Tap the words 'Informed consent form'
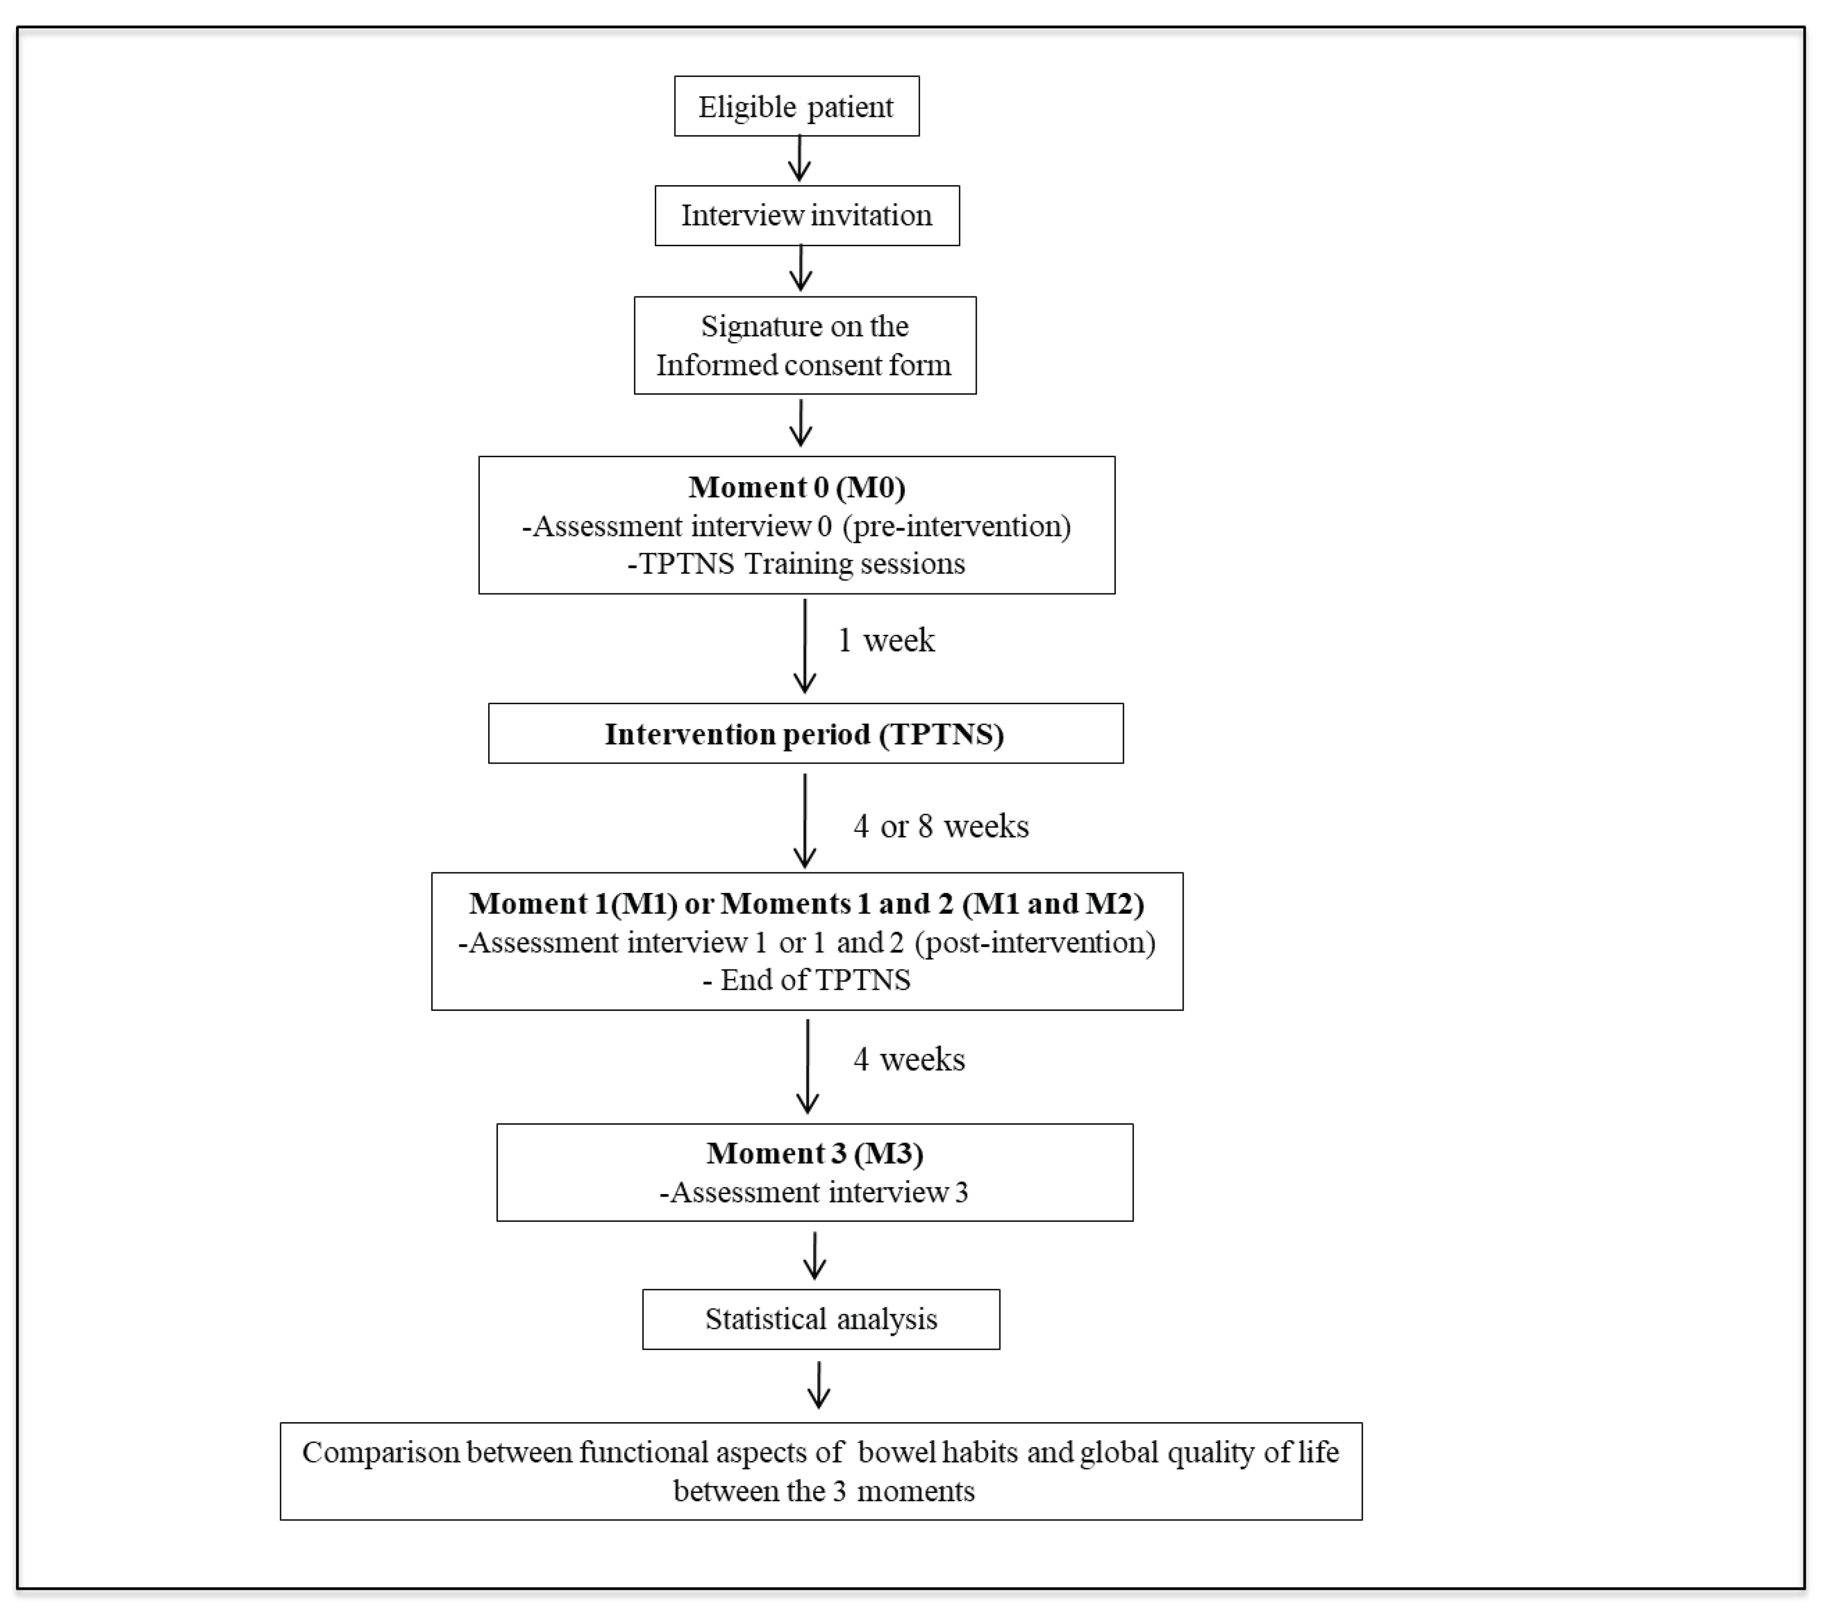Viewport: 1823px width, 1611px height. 804,365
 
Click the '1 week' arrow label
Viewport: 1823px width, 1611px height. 886,640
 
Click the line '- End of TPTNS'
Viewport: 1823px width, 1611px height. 806,980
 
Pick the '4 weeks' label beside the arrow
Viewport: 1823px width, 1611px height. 909,1059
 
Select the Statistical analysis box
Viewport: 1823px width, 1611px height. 820,1319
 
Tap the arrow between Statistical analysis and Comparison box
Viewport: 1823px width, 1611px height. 819,1384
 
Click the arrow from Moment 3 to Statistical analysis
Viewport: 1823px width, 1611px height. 814,1255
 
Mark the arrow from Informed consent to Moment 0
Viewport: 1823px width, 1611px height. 801,424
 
